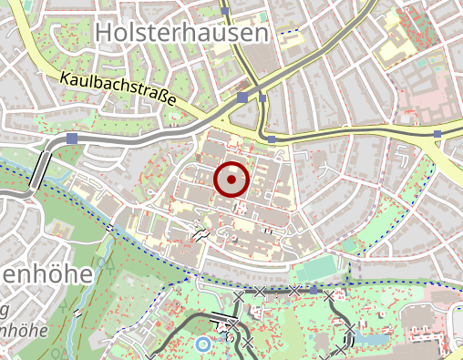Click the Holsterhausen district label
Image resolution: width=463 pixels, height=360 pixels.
click(x=183, y=33)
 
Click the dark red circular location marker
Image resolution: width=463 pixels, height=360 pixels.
click(x=231, y=180)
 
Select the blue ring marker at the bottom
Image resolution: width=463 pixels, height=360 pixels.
click(x=201, y=344)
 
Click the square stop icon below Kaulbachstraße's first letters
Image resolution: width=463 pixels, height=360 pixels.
click(x=72, y=138)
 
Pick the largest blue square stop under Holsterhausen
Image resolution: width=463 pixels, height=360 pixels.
click(x=242, y=96)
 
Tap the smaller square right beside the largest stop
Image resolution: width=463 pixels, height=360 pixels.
click(x=262, y=98)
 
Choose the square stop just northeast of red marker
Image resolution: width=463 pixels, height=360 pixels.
click(x=272, y=139)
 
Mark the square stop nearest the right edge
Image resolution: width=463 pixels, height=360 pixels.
click(x=438, y=134)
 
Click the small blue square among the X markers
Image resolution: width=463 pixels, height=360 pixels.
click(x=314, y=290)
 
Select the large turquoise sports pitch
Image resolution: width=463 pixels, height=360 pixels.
click(x=314, y=269)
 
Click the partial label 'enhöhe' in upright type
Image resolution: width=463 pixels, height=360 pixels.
click(x=46, y=274)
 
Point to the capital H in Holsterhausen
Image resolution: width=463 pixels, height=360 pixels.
click(x=102, y=33)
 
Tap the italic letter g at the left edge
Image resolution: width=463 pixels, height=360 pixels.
click(x=4, y=310)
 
